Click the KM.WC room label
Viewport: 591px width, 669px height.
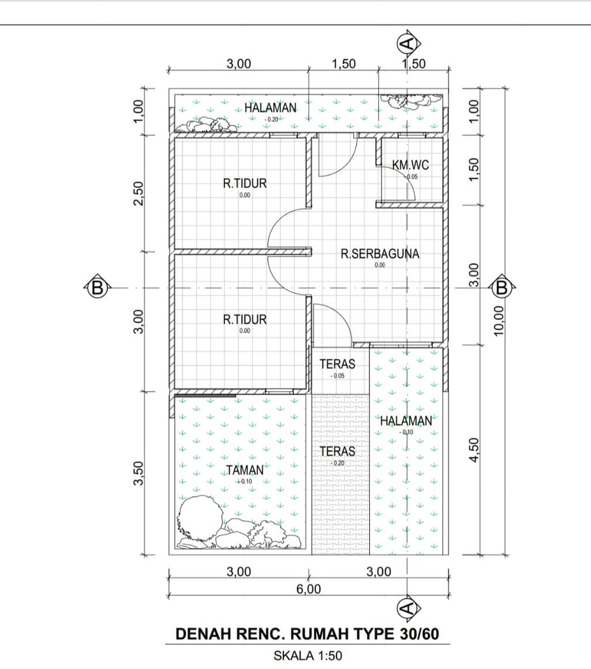(x=410, y=165)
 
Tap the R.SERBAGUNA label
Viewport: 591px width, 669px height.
(x=380, y=254)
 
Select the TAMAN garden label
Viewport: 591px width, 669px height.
(x=245, y=470)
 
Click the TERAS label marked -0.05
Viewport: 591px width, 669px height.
(x=337, y=364)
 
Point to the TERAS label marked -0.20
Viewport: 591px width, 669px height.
(x=338, y=451)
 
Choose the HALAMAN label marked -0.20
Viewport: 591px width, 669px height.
(x=270, y=107)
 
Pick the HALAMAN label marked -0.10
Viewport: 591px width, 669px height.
(x=406, y=421)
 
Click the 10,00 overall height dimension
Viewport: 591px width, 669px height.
(x=499, y=321)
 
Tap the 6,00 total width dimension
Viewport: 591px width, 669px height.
(x=309, y=589)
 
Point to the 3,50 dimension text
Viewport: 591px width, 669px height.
(x=139, y=473)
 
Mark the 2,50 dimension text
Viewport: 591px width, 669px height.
(x=139, y=194)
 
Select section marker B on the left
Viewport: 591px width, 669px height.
(x=97, y=288)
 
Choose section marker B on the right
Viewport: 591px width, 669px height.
(x=502, y=288)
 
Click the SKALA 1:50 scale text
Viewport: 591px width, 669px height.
(x=308, y=655)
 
